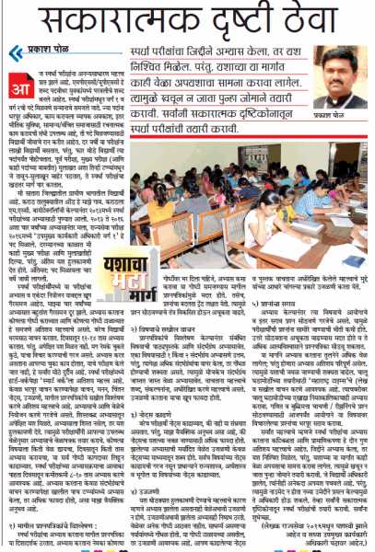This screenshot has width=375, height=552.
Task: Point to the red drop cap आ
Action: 20,78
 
